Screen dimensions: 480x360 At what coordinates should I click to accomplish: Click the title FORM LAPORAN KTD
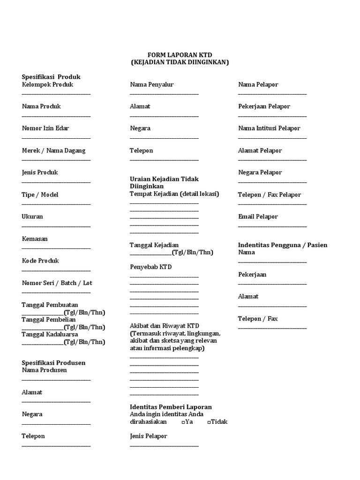click(x=180, y=55)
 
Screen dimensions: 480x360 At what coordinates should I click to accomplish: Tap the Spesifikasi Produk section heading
click(x=51, y=77)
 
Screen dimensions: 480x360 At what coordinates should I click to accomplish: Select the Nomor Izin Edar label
click(x=45, y=128)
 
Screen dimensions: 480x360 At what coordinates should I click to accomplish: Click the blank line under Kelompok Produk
click(x=56, y=94)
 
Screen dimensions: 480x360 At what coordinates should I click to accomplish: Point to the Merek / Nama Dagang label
click(x=53, y=150)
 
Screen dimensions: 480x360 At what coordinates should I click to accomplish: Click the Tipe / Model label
click(x=40, y=195)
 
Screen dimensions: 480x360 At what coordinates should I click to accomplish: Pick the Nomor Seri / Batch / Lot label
click(x=57, y=283)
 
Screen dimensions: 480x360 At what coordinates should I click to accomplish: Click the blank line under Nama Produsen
click(x=56, y=379)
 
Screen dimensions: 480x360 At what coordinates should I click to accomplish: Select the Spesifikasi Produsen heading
click(x=53, y=363)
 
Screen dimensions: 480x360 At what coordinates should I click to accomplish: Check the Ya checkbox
click(x=183, y=422)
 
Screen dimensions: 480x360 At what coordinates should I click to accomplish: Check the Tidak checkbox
click(x=209, y=422)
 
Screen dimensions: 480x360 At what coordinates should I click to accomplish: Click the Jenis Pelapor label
click(x=149, y=436)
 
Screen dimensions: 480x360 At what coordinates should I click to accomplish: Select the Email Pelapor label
click(x=258, y=217)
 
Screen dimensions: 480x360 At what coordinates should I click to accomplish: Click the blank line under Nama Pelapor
click(x=272, y=94)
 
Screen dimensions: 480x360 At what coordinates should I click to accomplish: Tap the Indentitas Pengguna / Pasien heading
click(x=283, y=245)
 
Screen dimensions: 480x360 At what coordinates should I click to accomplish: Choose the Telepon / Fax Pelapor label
click(x=270, y=195)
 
